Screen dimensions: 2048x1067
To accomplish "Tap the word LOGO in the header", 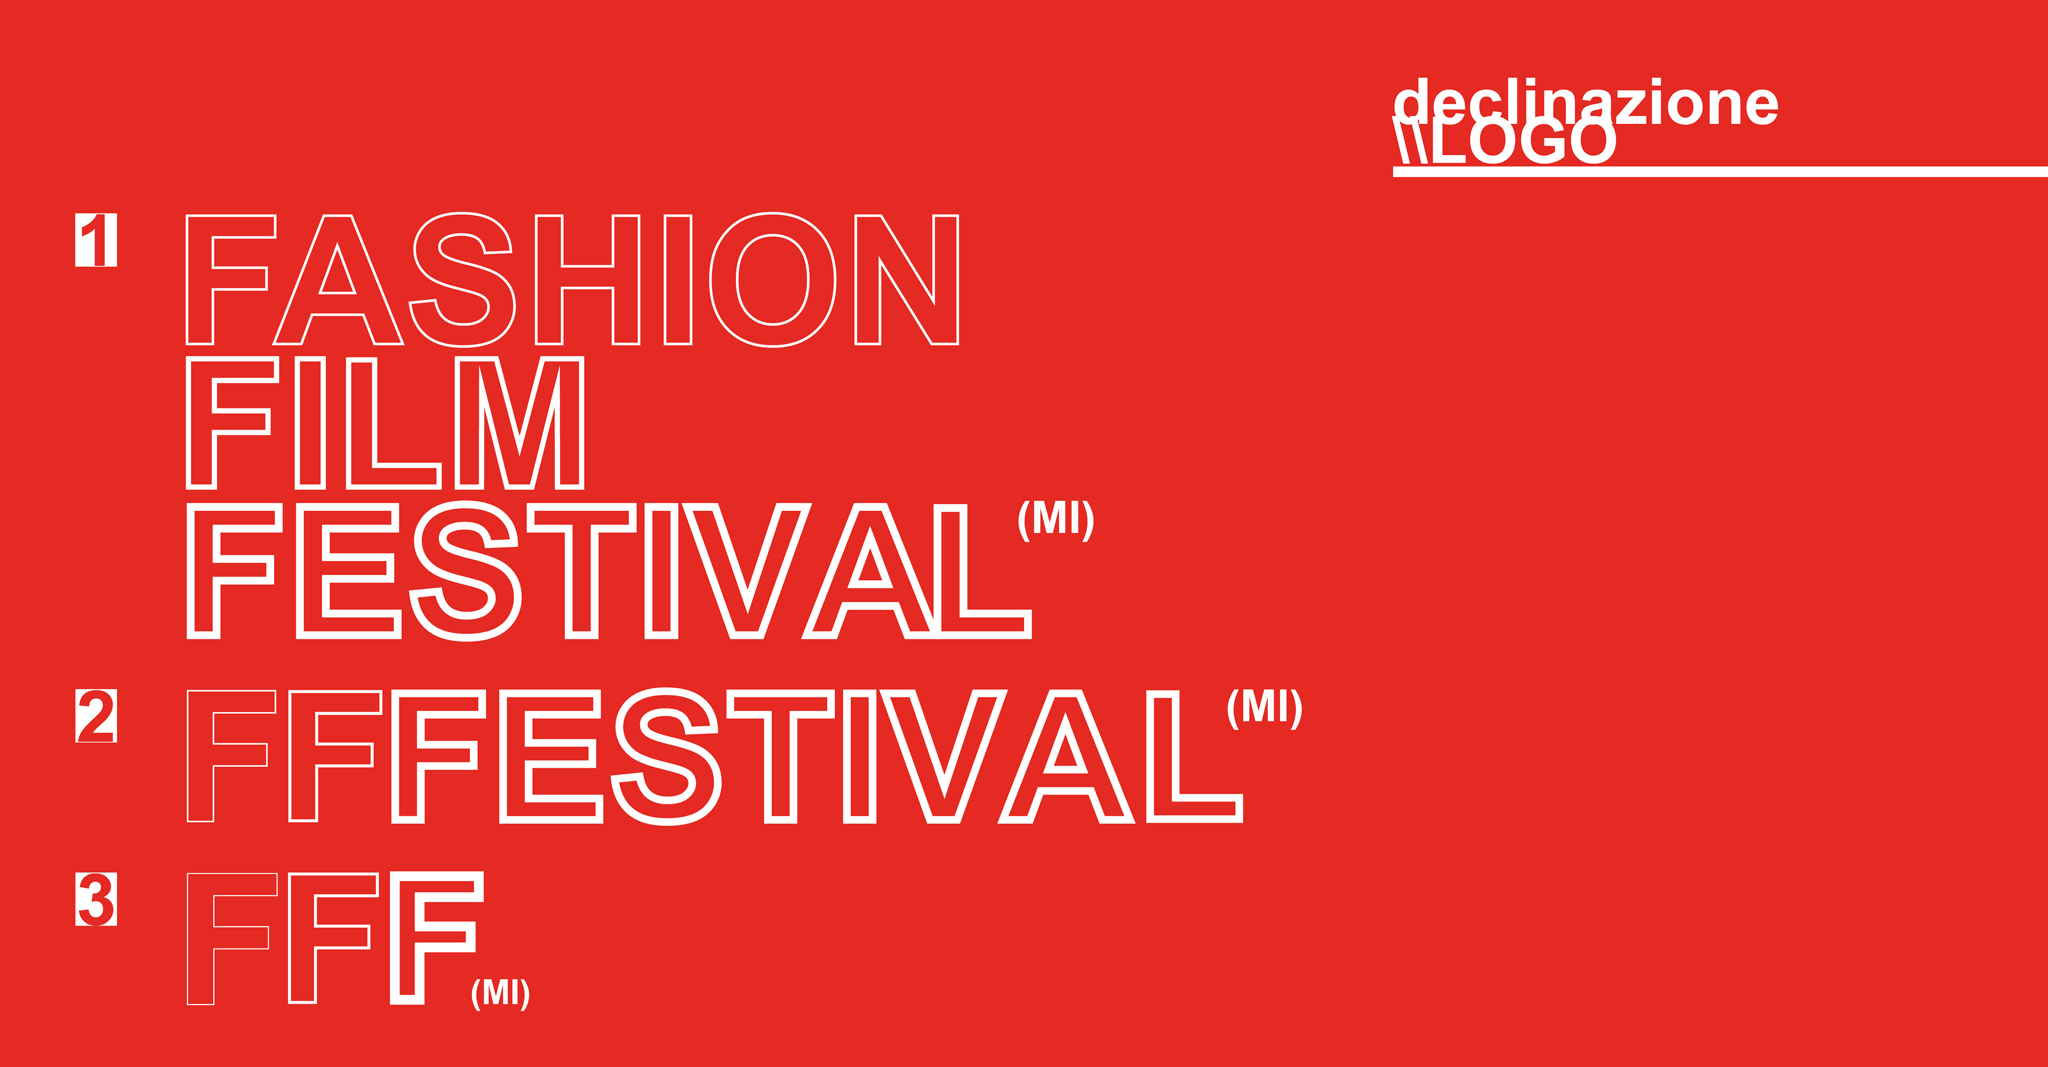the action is click(1524, 141).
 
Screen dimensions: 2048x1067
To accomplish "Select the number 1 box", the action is click(96, 240).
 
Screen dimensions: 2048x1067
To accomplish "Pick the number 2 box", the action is click(96, 715).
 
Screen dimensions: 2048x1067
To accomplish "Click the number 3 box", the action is click(96, 899).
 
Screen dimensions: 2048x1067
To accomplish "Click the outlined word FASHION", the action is click(572, 280).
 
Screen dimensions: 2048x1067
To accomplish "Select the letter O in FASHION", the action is click(772, 280).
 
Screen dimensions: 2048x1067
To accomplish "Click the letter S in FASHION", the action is click(462, 280).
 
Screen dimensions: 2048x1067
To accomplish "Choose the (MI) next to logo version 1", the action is click(1056, 521).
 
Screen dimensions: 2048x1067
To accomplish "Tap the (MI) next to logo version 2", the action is click(1264, 708).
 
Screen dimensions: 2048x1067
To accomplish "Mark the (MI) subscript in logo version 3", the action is click(500, 992).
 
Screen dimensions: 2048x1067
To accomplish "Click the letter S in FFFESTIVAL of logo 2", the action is click(666, 756).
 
